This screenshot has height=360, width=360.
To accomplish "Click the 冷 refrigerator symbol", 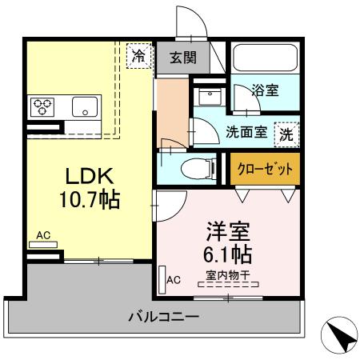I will point(139,57).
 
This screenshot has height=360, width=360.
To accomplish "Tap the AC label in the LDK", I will point(43,237).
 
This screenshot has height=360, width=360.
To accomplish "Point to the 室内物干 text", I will point(227,276).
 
